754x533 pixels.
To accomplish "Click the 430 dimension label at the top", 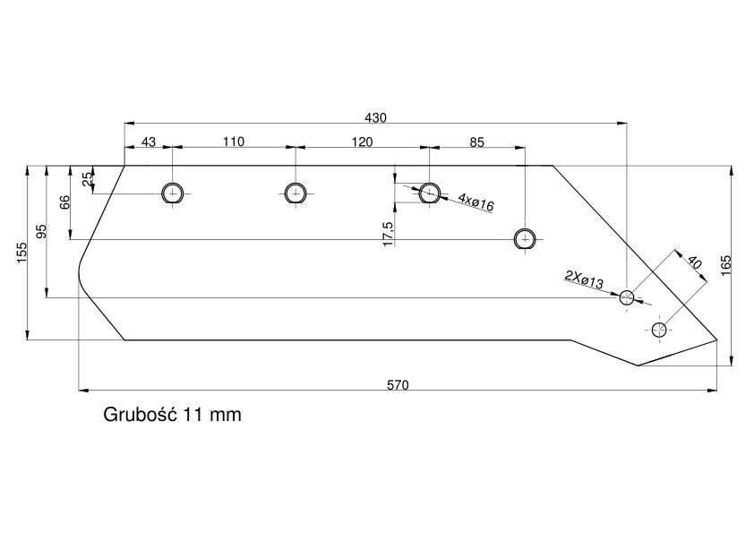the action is click(x=375, y=117).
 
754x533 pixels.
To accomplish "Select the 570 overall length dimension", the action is click(x=398, y=385).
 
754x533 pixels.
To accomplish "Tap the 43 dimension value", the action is click(x=149, y=142).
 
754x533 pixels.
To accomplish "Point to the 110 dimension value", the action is click(x=234, y=142).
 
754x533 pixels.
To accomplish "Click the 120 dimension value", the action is click(x=362, y=142).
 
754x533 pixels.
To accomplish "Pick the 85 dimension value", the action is click(x=477, y=142).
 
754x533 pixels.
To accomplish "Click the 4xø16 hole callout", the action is click(x=476, y=202).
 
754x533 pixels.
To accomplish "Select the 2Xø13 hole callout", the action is click(x=584, y=279).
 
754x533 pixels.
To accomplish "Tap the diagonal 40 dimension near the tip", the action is click(x=694, y=262).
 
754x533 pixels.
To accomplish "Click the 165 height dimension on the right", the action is click(x=725, y=265).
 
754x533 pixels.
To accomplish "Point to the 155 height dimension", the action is click(x=22, y=253).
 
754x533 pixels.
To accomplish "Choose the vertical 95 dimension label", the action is click(x=42, y=231).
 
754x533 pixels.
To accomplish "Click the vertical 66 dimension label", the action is click(x=65, y=202).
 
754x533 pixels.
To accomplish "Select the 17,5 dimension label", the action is click(x=389, y=235).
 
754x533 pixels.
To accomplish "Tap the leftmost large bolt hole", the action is click(x=173, y=193).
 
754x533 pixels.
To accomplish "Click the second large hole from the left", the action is click(x=296, y=193).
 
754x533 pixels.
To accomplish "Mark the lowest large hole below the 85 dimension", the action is click(x=525, y=239).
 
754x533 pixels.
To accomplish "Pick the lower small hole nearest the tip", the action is click(x=659, y=330).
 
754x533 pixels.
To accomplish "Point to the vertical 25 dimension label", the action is click(x=88, y=179).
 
